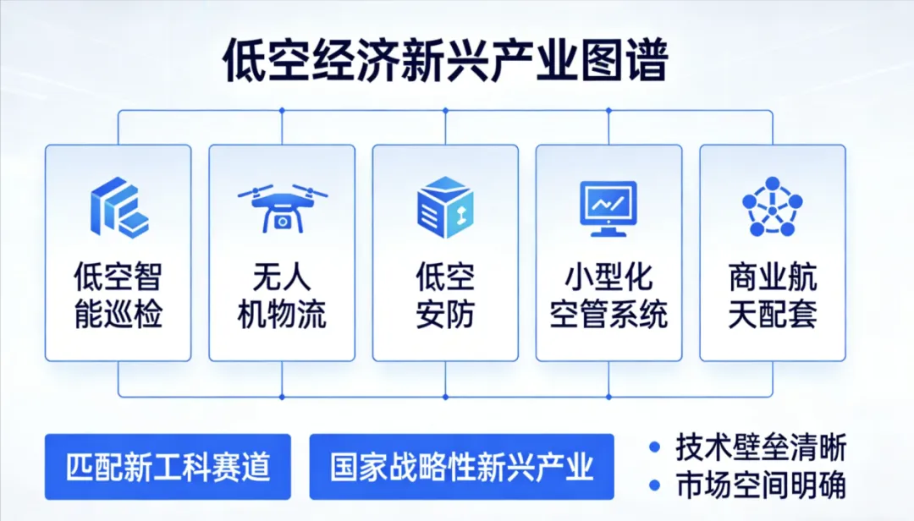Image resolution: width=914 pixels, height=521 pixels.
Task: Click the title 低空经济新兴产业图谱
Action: pos(445,62)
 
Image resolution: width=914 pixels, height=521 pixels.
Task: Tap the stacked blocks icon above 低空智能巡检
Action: pos(118,206)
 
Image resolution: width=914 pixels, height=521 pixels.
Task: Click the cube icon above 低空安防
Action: pos(445,207)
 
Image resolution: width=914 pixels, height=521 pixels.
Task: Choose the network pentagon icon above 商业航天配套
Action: pos(772,207)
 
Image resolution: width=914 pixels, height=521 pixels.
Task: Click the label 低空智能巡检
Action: pos(118,295)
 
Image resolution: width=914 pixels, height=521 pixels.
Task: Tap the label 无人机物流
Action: pos(282,295)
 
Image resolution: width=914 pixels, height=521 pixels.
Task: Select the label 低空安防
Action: pos(445,295)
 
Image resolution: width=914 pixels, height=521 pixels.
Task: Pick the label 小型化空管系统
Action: pos(608,295)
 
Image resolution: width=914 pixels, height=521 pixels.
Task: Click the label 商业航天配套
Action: pos(772,295)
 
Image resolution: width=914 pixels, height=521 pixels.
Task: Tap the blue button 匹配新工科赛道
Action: pos(168,466)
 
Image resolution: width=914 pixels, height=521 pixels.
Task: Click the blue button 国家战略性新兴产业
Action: pos(461,466)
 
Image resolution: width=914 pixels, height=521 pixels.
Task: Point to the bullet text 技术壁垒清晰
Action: pos(761,447)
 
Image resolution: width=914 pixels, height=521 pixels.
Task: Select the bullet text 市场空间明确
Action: pos(761,485)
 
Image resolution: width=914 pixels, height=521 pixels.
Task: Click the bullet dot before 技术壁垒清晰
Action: pos(654,447)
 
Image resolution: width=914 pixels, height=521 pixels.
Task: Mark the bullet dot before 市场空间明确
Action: pos(654,485)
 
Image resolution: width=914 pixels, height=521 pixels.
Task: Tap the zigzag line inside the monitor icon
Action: pos(608,202)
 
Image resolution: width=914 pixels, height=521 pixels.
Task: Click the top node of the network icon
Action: pos(772,183)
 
